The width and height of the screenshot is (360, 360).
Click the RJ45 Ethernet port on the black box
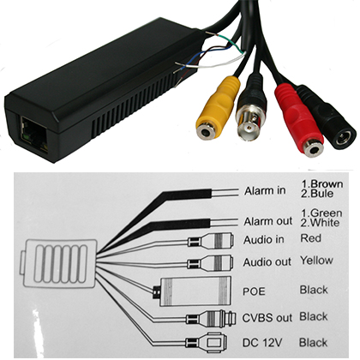click(x=33, y=134)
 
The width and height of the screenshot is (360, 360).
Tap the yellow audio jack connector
click(x=217, y=109)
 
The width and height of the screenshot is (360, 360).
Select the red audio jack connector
click(x=298, y=122)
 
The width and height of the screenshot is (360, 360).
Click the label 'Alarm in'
click(x=265, y=190)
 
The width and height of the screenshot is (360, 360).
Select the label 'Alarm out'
click(x=268, y=221)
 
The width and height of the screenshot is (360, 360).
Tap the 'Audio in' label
click(x=263, y=240)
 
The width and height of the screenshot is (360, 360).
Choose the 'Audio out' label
click(x=267, y=262)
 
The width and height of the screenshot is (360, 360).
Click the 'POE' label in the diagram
click(x=254, y=291)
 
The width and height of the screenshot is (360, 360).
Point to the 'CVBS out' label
click(x=267, y=318)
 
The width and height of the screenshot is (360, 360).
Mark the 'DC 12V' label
click(x=262, y=343)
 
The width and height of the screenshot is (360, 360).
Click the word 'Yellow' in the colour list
click(x=316, y=261)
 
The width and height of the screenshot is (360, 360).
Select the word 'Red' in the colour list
click(x=310, y=238)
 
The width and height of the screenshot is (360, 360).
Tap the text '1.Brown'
click(x=322, y=184)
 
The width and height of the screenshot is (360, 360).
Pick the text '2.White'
click(x=320, y=223)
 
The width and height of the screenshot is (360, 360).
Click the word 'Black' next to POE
click(x=314, y=290)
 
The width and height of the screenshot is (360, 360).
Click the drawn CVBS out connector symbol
click(x=212, y=317)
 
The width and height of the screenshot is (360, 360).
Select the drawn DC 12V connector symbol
click(x=207, y=342)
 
